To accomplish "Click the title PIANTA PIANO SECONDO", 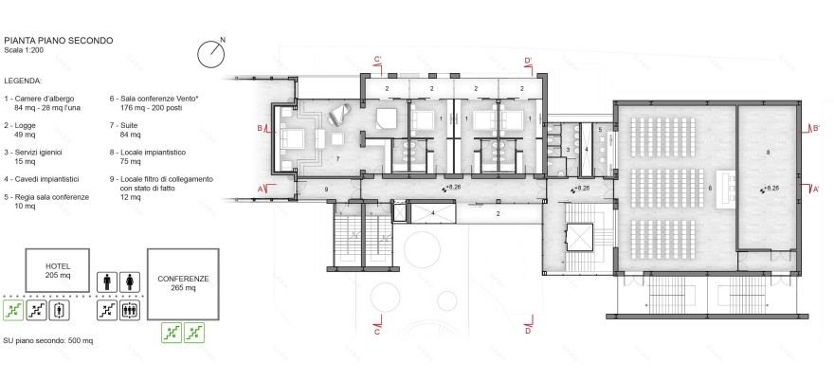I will pyautogui.click(x=59, y=41).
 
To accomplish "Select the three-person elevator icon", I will pyautogui.click(x=129, y=309).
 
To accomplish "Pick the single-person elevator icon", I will pyautogui.click(x=58, y=309).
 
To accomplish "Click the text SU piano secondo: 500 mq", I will pyautogui.click(x=47, y=339).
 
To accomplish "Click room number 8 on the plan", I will pyautogui.click(x=767, y=152).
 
